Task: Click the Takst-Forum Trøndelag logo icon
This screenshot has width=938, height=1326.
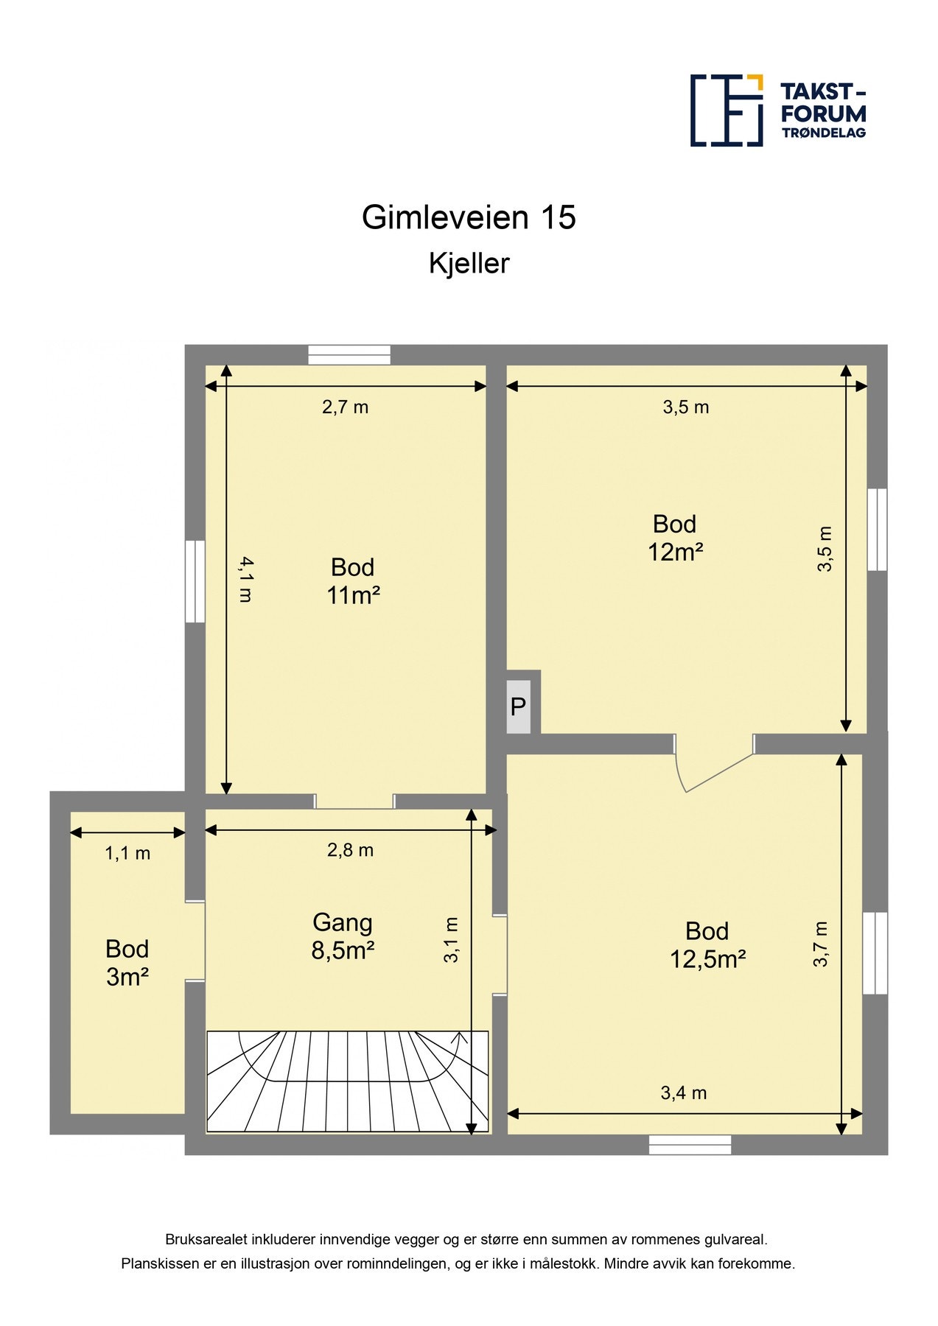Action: (x=726, y=110)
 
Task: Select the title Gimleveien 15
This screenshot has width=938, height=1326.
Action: (x=469, y=217)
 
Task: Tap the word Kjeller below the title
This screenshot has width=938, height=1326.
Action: (x=469, y=264)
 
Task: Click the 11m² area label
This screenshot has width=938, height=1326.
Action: (x=353, y=595)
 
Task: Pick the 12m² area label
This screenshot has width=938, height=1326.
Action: (x=675, y=552)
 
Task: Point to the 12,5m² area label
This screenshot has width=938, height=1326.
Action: (x=707, y=959)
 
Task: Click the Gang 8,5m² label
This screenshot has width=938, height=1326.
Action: (x=343, y=937)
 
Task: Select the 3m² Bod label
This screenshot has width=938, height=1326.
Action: (x=127, y=963)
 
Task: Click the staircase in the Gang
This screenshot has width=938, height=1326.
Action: (x=347, y=1081)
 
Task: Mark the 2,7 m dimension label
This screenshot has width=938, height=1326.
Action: (x=345, y=407)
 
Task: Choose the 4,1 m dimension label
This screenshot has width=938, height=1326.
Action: (x=246, y=580)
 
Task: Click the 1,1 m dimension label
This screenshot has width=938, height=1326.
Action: (x=127, y=854)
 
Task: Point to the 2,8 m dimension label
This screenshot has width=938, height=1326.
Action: (x=350, y=851)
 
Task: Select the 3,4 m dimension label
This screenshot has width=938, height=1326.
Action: (x=683, y=1093)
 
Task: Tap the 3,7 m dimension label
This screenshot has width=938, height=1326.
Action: (x=821, y=944)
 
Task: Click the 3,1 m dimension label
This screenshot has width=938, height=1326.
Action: (x=451, y=940)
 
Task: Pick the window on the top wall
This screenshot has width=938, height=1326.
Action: (x=349, y=355)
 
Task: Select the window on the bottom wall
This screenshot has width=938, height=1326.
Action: (x=690, y=1144)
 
